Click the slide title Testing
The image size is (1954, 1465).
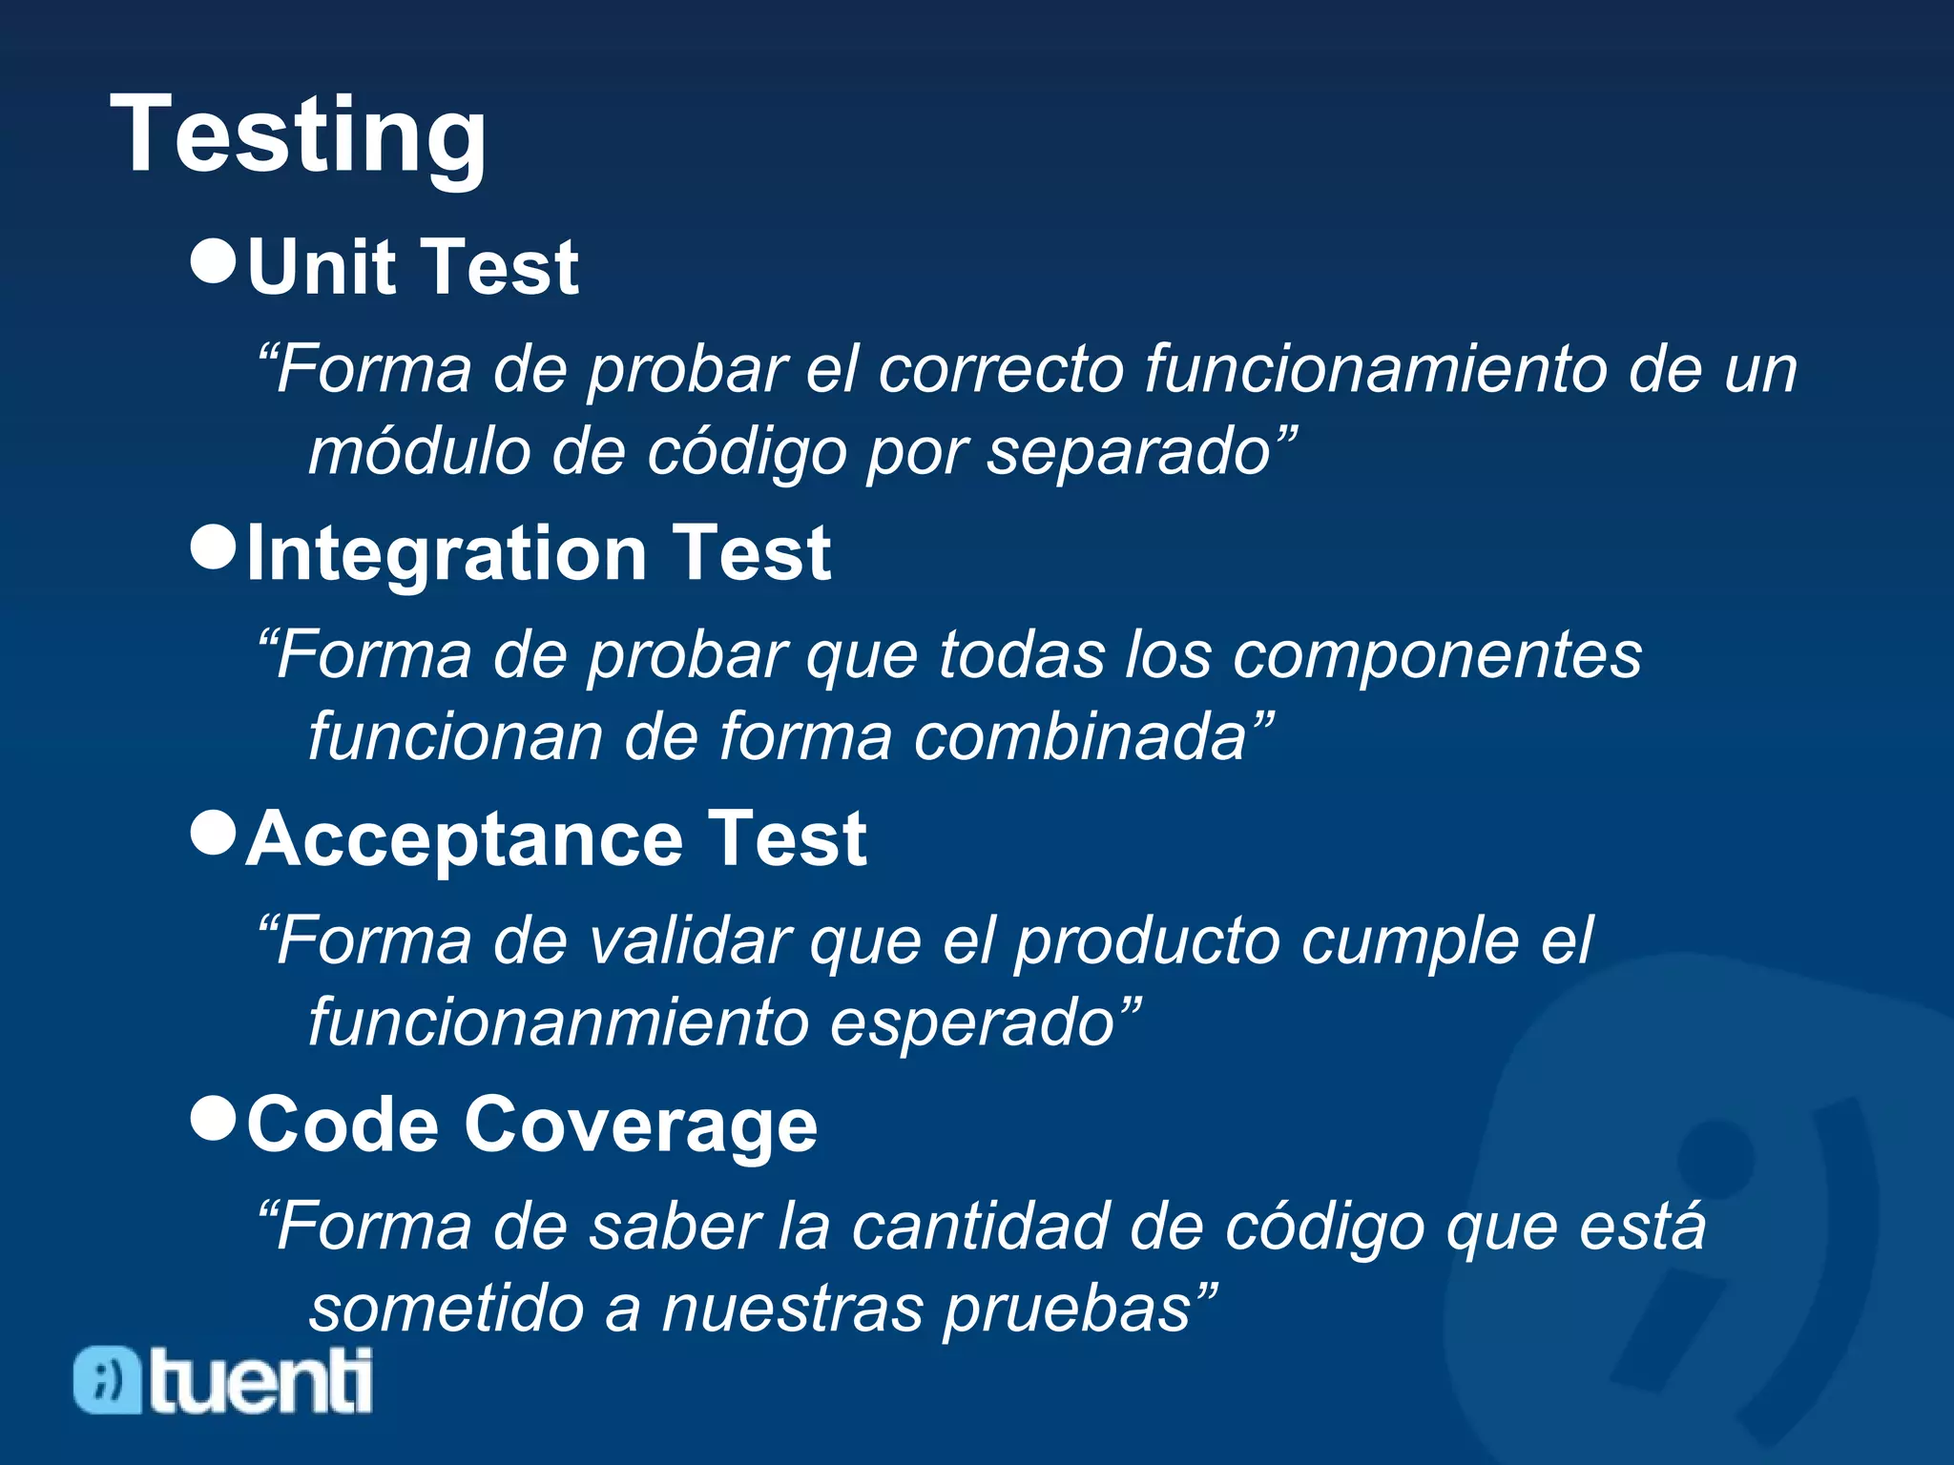point(299,135)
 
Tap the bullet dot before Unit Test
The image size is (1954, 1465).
point(213,260)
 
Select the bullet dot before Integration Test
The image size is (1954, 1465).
point(213,547)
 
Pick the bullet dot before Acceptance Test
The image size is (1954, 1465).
point(213,833)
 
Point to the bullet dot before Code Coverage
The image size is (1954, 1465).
point(213,1118)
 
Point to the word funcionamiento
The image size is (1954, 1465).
point(1375,369)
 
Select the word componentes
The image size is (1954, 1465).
point(1437,655)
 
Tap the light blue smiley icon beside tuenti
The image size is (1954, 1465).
point(108,1380)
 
